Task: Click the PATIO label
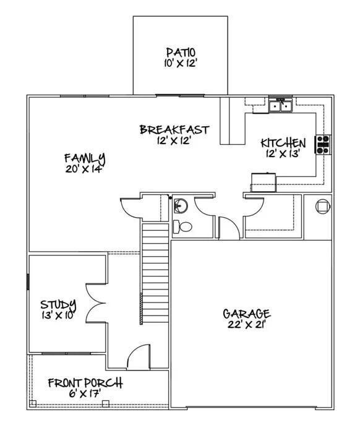(x=181, y=52)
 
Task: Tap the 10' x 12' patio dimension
(x=181, y=63)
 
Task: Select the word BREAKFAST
(x=174, y=129)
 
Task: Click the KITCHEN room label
(x=282, y=142)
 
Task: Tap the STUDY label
(x=58, y=304)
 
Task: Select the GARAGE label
(x=246, y=313)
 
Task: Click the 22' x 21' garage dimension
(x=246, y=325)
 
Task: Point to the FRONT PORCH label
(x=85, y=382)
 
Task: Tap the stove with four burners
(x=324, y=144)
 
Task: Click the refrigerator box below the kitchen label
(x=263, y=179)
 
